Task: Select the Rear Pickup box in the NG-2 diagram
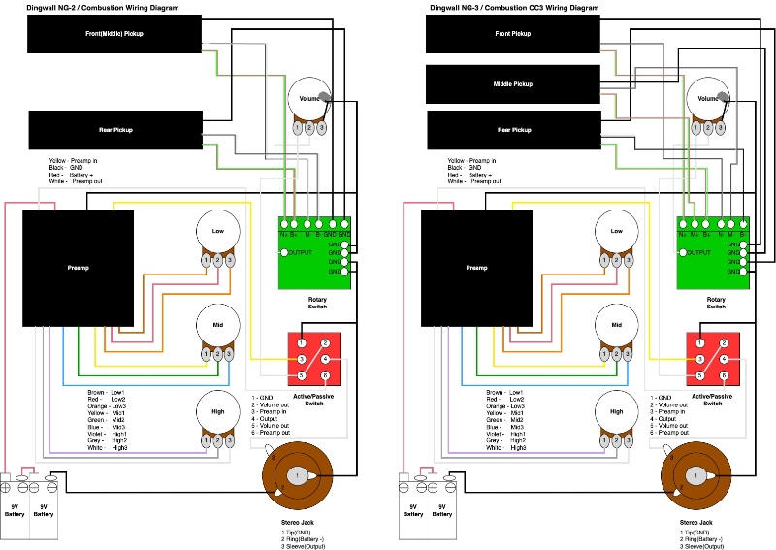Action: tap(115, 130)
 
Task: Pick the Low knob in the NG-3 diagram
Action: tap(617, 234)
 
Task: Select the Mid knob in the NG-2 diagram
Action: tap(217, 324)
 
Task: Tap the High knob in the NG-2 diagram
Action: tap(217, 412)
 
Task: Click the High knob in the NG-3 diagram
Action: tap(617, 412)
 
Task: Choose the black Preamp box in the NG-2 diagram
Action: tap(77, 267)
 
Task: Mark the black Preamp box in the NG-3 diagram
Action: tap(476, 267)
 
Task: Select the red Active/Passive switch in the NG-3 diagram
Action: tap(713, 358)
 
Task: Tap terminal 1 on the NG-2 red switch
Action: tap(302, 342)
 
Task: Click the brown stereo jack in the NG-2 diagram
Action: tap(298, 475)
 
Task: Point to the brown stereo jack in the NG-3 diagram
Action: tap(695, 475)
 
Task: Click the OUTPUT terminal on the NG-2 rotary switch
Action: tap(285, 252)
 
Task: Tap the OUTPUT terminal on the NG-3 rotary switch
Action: tap(683, 252)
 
